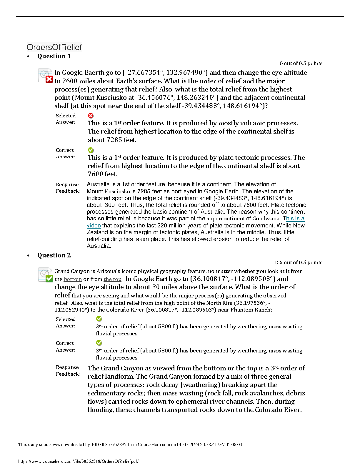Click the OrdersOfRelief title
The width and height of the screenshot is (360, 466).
coord(54,47)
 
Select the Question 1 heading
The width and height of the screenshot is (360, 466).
coord(54,56)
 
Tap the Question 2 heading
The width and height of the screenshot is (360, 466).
coord(54,255)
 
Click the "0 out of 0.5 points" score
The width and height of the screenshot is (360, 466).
coord(301,63)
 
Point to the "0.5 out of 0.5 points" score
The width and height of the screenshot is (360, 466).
coord(299,262)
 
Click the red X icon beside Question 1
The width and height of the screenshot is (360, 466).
coord(49,79)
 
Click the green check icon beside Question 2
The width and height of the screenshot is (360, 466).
coord(49,278)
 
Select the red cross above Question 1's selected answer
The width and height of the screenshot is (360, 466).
coord(91,116)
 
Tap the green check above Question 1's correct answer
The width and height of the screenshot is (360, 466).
coord(91,150)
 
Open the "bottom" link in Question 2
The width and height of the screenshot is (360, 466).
coord(73,279)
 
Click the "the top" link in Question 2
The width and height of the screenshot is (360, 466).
coord(112,279)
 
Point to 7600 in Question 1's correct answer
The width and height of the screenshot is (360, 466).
coord(96,174)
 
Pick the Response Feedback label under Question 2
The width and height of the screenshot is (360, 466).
coord(68,371)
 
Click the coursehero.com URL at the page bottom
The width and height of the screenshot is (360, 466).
coord(78,461)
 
